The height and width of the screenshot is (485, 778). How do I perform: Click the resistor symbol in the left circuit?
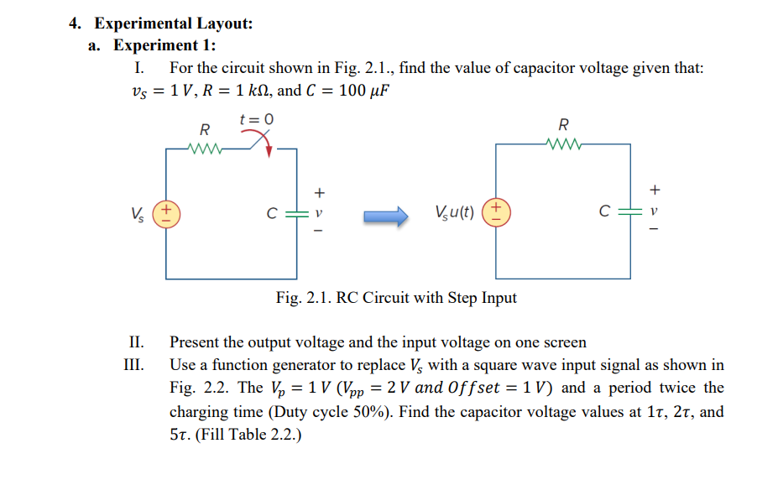point(203,149)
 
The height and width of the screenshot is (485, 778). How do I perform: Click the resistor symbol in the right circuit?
point(562,143)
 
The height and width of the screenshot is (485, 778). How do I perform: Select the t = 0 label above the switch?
point(256,119)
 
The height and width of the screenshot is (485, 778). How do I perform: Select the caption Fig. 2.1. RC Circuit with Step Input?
point(396,298)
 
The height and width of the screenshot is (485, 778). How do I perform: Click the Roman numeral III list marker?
point(133,365)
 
